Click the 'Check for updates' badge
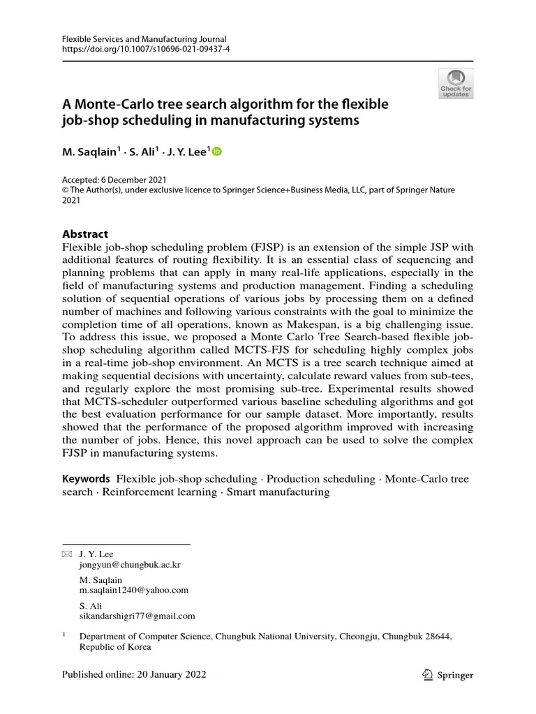pos(455,82)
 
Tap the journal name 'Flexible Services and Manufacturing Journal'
pos(144,40)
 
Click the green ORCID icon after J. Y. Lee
pos(216,151)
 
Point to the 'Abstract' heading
pos(85,234)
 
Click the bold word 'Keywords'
pos(86,479)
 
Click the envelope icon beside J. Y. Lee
pos(67,554)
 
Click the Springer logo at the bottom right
pos(448,675)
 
